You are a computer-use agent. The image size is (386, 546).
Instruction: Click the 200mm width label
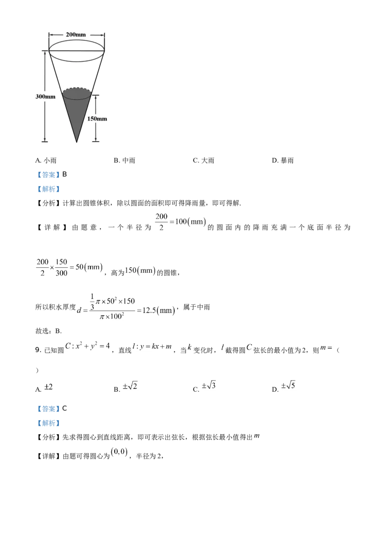tap(77, 35)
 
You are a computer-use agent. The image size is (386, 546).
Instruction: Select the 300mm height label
tap(45, 96)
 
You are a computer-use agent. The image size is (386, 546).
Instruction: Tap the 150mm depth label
tap(97, 119)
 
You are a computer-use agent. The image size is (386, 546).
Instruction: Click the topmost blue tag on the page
tap(48, 175)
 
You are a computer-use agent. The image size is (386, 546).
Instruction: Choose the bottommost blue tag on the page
tap(48, 423)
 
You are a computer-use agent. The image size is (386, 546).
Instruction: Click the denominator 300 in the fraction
tap(61, 274)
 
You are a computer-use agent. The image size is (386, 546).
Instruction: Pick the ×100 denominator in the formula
tap(110, 317)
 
